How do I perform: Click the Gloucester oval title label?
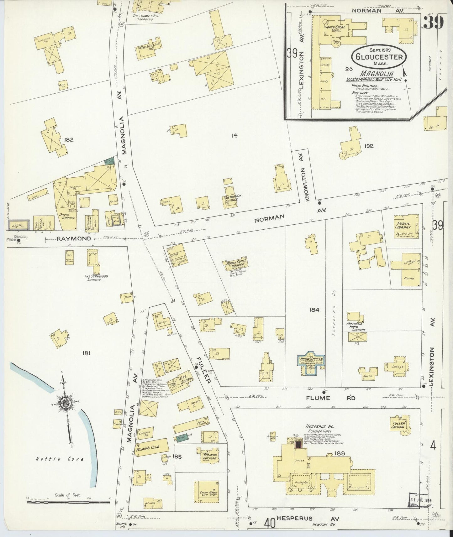379,57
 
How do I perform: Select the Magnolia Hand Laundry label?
356,327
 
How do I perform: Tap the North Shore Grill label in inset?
335,29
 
